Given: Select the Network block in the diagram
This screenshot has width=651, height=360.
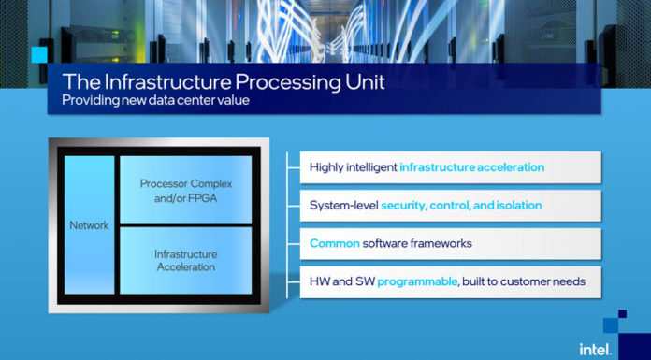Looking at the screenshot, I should click(x=90, y=224).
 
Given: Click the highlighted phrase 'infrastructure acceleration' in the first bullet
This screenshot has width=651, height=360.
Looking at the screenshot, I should click(x=471, y=167).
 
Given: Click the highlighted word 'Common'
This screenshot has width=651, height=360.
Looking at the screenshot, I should click(x=331, y=243).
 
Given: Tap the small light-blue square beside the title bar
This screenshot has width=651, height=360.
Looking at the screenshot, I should click(x=39, y=54).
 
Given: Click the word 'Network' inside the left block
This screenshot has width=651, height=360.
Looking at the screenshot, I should click(x=90, y=225).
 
